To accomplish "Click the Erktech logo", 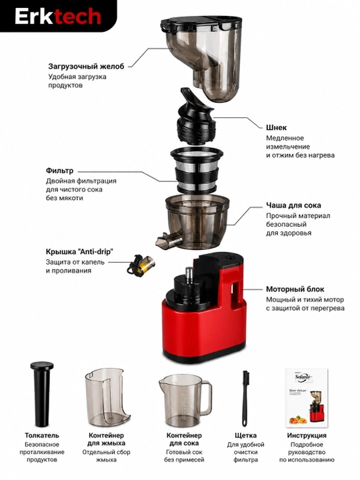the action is (x=58, y=16).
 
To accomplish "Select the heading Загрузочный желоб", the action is (x=86, y=67).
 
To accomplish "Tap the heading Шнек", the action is (x=276, y=127).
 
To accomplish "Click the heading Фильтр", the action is (x=60, y=171).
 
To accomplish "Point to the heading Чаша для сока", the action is (x=293, y=205).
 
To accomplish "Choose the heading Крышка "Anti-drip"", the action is (x=79, y=251).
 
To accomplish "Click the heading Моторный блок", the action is (x=295, y=289).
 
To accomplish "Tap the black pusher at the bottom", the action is (x=42, y=394).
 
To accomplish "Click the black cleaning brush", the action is (x=245, y=398).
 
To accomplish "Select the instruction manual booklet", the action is (x=306, y=397).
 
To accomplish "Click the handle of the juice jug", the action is (x=206, y=397).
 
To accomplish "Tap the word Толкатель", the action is (x=42, y=435).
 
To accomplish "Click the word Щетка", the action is (x=245, y=435).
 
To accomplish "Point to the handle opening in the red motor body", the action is (x=236, y=293).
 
